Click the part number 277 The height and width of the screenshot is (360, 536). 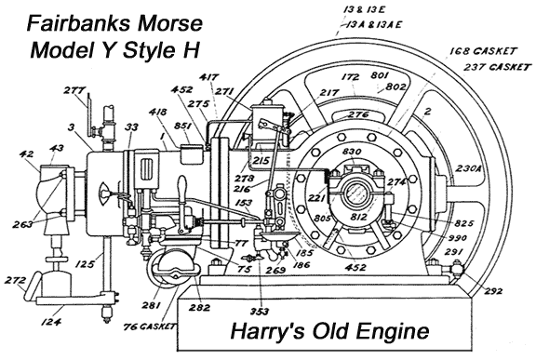[74, 90]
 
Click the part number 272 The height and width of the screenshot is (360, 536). [13, 280]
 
